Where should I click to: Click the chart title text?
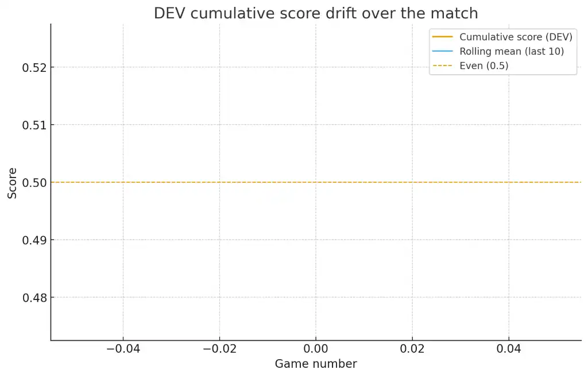(315, 13)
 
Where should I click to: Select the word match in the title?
(457, 13)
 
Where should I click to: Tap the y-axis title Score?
(13, 183)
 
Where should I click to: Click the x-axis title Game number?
(315, 364)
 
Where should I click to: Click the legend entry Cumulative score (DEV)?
(516, 37)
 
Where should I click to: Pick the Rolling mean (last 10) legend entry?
(512, 51)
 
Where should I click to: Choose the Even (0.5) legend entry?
(484, 66)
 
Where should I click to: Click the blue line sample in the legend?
(443, 51)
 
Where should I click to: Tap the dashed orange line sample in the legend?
(443, 66)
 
